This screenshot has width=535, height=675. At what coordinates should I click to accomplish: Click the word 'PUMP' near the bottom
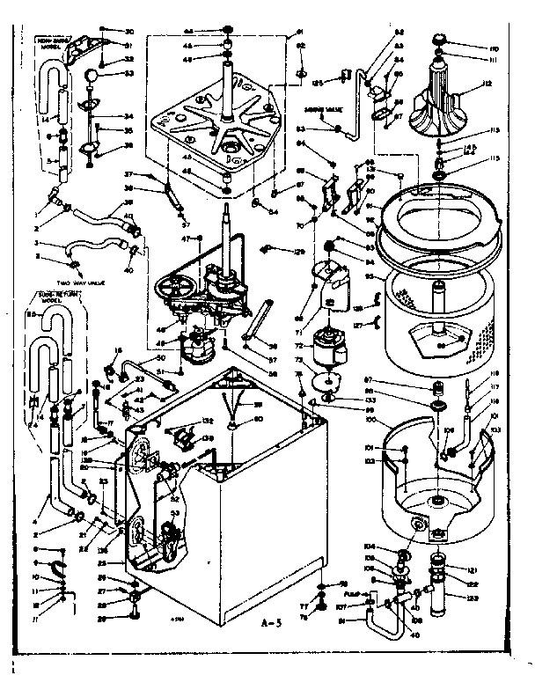pyautogui.click(x=352, y=595)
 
